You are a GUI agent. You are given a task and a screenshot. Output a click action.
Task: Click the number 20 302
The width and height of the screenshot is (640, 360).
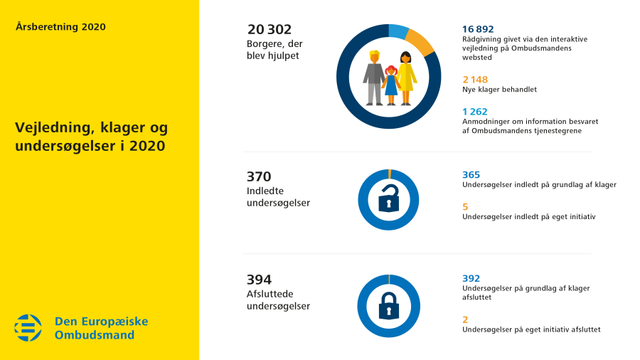tap(270, 29)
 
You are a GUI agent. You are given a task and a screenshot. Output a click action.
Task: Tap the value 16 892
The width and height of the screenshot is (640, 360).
tap(478, 29)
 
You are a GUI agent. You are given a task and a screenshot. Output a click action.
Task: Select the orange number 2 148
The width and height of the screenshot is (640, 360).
tap(475, 80)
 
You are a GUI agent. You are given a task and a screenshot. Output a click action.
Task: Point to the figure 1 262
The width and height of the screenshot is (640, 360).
tap(475, 112)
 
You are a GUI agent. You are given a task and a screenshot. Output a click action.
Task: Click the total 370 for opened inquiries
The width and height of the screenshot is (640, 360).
tap(259, 177)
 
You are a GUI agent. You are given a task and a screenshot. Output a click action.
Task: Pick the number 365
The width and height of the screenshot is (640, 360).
tap(471, 175)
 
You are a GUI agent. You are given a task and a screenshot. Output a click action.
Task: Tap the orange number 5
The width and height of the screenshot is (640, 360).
tap(465, 206)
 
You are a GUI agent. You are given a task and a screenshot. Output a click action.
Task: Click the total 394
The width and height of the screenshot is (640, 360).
tap(259, 280)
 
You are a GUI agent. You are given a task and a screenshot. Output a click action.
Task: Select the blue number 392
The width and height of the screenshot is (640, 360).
tap(471, 278)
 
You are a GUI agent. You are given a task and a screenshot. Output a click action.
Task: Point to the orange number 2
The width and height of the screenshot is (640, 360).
tap(465, 319)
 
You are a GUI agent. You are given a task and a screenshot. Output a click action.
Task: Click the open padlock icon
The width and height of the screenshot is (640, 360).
tap(388, 200)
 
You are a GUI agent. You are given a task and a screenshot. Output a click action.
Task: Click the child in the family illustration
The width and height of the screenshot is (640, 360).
tap(390, 84)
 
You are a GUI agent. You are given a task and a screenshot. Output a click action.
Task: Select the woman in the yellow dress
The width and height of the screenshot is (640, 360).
tap(406, 78)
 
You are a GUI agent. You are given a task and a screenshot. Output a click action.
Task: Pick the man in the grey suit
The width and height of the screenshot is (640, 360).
tap(373, 78)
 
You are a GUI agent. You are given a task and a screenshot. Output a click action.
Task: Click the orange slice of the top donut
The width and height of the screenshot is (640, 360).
tap(421, 42)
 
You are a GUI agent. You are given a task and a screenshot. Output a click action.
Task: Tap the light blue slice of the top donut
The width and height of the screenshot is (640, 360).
tap(398, 31)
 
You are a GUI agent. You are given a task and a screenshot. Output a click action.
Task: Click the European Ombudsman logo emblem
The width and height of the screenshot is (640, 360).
tap(28, 327)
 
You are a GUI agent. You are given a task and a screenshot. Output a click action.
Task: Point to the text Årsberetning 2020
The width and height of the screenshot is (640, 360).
tap(60, 27)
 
